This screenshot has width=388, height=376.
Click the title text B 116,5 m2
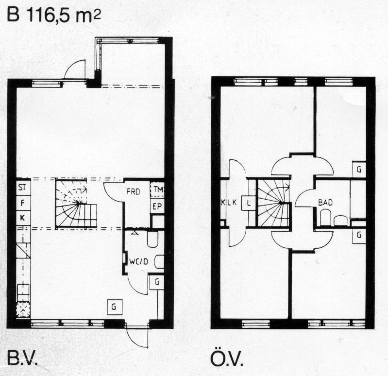tap(54, 16)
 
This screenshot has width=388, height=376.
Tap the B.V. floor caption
tap(22, 358)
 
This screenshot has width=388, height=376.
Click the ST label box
tap(23, 187)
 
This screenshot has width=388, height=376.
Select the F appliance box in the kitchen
tap(23, 203)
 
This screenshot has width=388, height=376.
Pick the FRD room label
tap(134, 191)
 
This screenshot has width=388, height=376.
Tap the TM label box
tap(157, 189)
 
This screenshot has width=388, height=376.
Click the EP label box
tap(157, 206)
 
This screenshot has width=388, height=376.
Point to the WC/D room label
tap(139, 261)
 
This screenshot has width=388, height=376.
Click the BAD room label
tap(325, 203)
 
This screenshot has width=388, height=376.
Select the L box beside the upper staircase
tap(249, 203)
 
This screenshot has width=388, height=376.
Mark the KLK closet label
tap(229, 203)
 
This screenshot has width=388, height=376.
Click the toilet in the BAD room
tap(325, 217)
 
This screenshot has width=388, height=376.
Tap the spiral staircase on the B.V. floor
tap(76, 203)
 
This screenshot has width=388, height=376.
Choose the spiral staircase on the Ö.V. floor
tap(273, 203)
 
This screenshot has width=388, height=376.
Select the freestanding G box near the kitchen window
tap(115, 307)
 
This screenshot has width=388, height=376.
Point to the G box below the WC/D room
tap(157, 282)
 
